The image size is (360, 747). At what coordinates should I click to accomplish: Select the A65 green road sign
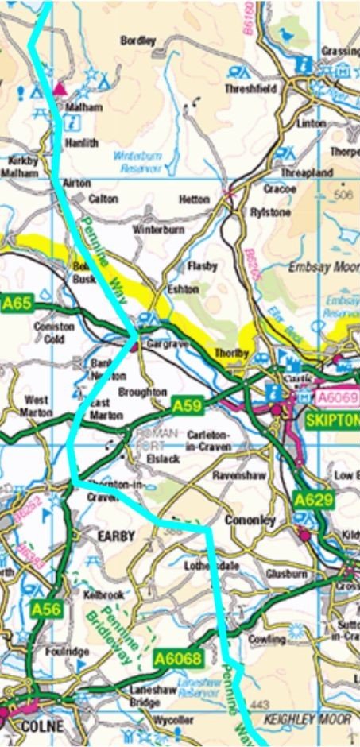[17, 303]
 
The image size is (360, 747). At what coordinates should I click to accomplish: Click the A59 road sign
[186, 405]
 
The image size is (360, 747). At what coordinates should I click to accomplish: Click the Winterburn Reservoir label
[137, 161]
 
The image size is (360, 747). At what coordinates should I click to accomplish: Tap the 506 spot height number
[343, 194]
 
